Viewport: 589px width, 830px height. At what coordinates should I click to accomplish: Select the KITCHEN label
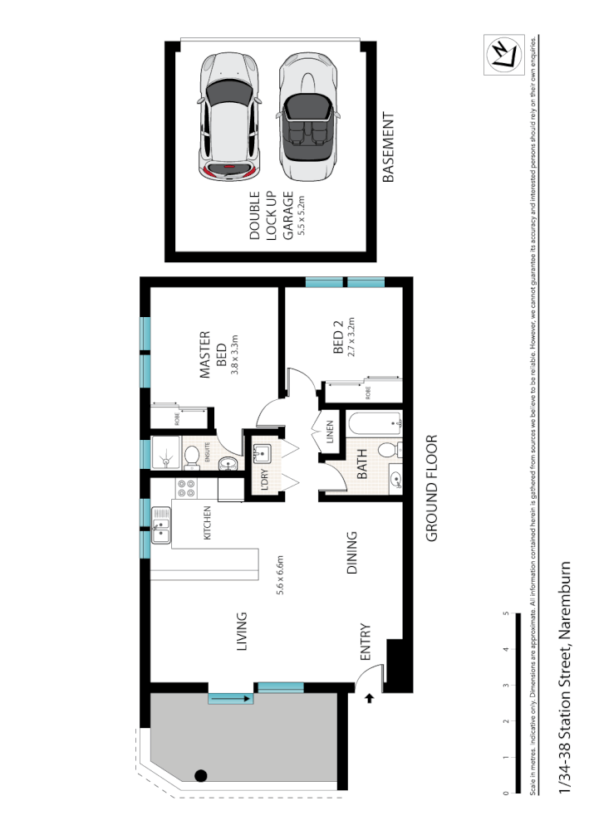click(x=207, y=523)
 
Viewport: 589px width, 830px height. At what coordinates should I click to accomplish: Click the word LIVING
click(x=242, y=632)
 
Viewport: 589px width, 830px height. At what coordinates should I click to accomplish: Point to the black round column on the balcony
click(x=200, y=776)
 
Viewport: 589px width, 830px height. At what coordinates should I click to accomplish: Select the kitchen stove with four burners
click(x=184, y=489)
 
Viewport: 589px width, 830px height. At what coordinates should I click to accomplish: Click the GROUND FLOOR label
click(x=431, y=489)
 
